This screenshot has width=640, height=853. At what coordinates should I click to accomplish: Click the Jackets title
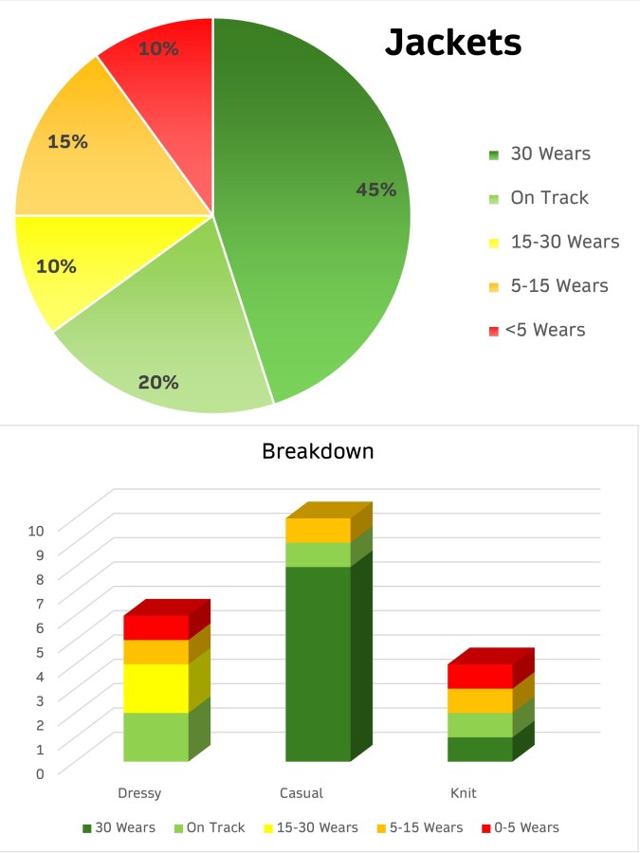point(452,43)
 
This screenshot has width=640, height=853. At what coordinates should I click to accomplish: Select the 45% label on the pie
point(375,190)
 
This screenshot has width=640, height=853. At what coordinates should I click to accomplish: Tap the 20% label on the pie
point(158,382)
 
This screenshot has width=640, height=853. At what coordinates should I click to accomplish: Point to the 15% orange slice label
point(67,142)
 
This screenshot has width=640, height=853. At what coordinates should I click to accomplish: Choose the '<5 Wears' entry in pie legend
point(544,330)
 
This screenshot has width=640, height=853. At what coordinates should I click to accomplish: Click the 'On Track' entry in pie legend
point(549,198)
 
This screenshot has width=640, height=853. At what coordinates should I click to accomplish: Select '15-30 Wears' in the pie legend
point(564,242)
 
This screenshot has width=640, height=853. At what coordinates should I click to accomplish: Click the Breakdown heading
point(318,451)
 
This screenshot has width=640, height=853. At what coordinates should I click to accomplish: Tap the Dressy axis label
point(139,792)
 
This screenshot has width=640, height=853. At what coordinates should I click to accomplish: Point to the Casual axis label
point(302,792)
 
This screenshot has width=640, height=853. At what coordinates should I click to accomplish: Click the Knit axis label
point(464,792)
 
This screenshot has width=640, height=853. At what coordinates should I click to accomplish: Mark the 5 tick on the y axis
point(39,651)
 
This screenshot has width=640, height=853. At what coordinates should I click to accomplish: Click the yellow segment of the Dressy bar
point(156,688)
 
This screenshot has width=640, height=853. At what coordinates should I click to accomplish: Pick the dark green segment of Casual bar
point(318,663)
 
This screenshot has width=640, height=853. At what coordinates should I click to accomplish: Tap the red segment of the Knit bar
point(480,676)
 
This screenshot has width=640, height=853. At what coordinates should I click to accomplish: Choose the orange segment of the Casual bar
point(318,530)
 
